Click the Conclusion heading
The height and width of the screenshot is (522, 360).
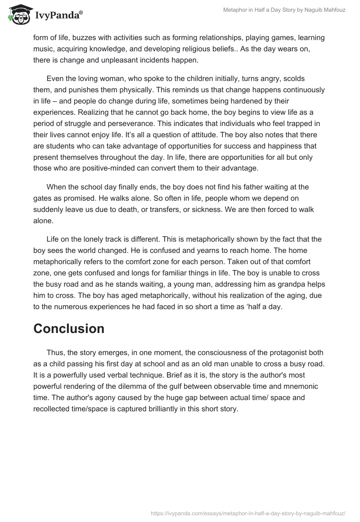pyautogui.click(x=69, y=328)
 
